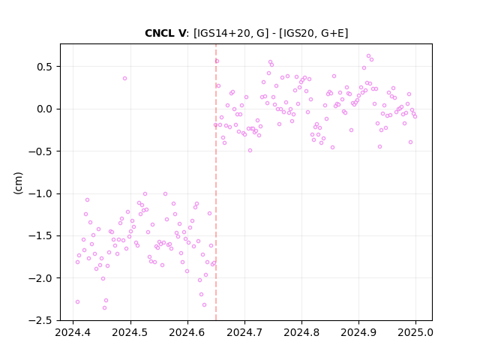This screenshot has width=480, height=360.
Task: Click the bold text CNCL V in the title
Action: click(x=165, y=33)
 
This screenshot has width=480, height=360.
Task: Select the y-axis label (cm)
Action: click(x=18, y=183)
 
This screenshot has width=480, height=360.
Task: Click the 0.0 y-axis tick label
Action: click(x=45, y=109)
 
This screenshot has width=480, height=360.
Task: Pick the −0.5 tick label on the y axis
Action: click(x=40, y=151)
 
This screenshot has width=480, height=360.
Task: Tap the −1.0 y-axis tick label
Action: click(x=40, y=193)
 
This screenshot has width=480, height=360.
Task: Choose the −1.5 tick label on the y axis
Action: click(x=40, y=236)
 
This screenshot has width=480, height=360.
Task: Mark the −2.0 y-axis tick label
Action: click(x=40, y=278)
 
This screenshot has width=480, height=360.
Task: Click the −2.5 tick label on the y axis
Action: click(x=40, y=320)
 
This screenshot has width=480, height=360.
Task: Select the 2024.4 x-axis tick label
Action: click(x=73, y=332)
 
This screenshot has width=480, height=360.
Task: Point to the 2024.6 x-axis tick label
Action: click(x=187, y=332)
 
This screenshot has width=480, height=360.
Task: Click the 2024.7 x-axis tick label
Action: click(x=244, y=332)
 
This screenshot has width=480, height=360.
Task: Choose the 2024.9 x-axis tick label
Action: click(x=358, y=332)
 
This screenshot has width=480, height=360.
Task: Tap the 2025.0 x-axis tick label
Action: click(x=415, y=332)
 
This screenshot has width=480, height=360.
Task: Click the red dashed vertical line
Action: click(x=216, y=182)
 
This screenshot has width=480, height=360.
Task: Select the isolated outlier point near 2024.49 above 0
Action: click(x=125, y=78)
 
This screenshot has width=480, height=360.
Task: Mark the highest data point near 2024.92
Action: click(x=368, y=56)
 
